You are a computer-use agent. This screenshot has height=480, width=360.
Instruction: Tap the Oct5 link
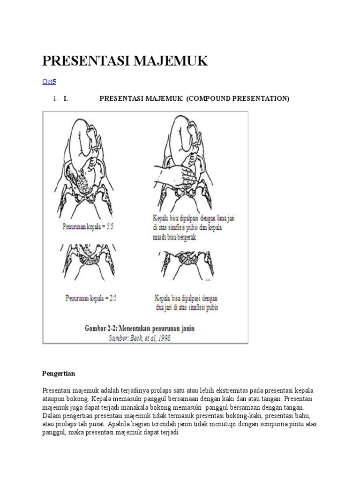(x=49, y=82)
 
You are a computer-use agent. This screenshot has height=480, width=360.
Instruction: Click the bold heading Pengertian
(x=59, y=374)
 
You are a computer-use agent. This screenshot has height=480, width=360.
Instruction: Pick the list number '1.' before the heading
(x=55, y=99)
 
